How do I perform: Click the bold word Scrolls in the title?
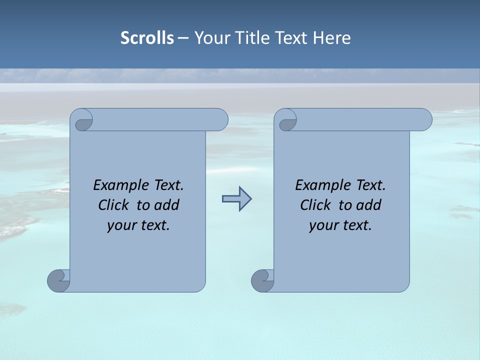coord(147,38)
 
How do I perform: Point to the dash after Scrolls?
coord(183,38)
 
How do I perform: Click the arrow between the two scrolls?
coord(236,199)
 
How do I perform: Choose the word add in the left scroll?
coord(166,205)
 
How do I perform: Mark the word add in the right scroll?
coord(368,205)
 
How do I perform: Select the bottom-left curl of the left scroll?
coord(58,280)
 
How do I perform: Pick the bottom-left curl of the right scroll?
coord(262,280)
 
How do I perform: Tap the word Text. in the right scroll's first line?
coord(370,185)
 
